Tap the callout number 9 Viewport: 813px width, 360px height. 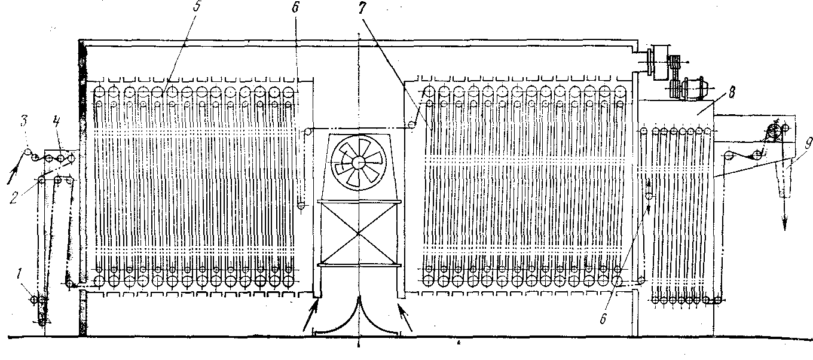(x=791, y=144)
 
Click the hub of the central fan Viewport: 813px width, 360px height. (x=359, y=162)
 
